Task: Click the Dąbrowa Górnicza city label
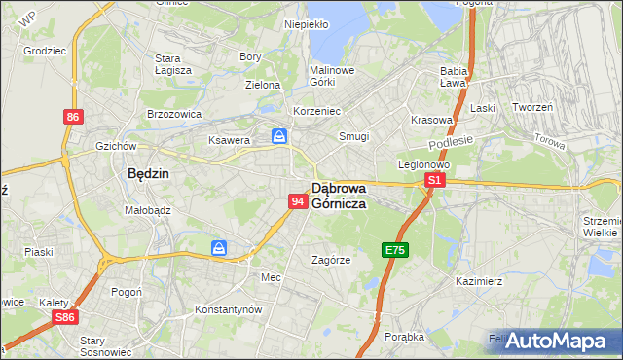(339, 196)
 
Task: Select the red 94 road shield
(299, 201)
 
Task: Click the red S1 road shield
(435, 181)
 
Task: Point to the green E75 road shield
(394, 251)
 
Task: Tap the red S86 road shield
(65, 317)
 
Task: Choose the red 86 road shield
(73, 117)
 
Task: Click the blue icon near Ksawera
(279, 136)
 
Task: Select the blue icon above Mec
(220, 249)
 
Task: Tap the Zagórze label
(330, 260)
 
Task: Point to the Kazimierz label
(478, 281)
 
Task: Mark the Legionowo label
(421, 164)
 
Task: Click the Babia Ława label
(455, 77)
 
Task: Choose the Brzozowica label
(173, 113)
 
